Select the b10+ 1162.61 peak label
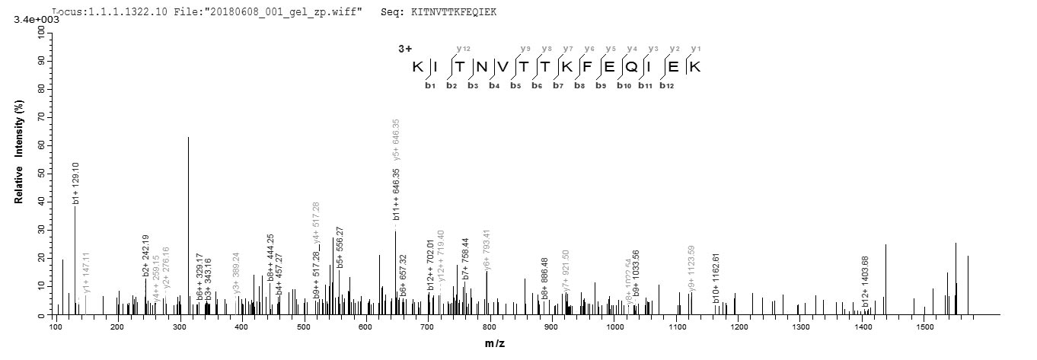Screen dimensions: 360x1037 (716, 279)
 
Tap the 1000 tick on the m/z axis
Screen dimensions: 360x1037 (614, 327)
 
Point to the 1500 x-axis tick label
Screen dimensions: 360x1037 (925, 327)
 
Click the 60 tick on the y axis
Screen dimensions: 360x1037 (40, 145)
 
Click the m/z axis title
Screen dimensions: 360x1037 (495, 344)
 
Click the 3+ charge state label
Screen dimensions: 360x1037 (405, 49)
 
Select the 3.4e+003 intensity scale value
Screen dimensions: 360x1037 (31, 20)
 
